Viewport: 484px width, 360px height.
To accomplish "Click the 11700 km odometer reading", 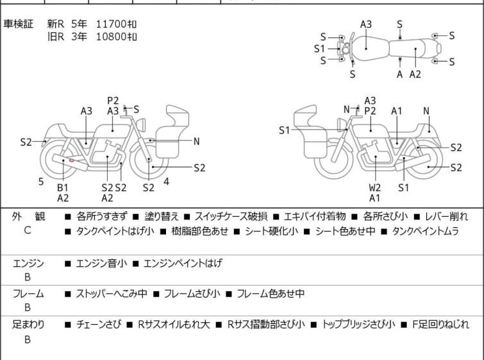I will point(116,24).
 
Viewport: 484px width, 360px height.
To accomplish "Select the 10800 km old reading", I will point(116,37).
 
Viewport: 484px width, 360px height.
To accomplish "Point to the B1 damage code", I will point(62,187).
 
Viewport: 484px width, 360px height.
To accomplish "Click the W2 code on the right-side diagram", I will point(375,188).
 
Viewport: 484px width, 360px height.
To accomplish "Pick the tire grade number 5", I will point(41,182).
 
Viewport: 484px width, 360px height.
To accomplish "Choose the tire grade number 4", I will point(166,182).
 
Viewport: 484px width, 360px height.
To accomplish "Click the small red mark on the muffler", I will point(74,160).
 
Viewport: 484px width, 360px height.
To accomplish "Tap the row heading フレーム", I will point(28,294).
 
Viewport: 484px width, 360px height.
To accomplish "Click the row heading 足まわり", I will point(28,325).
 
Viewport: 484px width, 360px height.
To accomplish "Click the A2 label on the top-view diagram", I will point(415,74).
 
